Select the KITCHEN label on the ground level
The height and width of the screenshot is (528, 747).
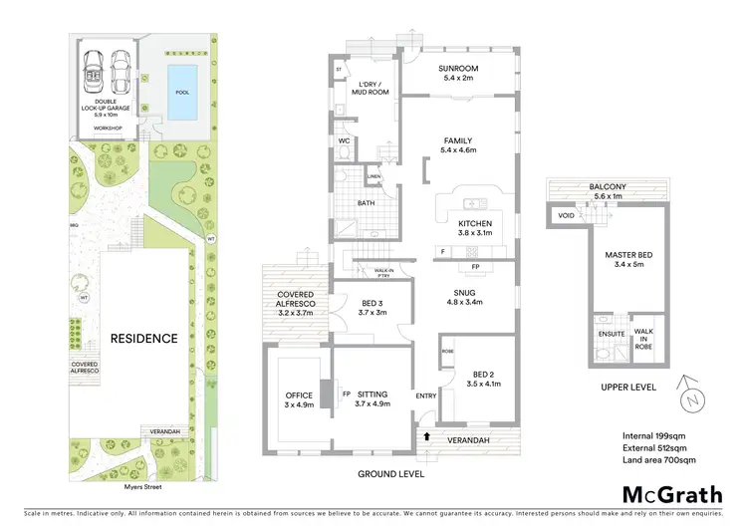(x=475, y=223)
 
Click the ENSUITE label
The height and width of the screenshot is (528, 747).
(x=608, y=332)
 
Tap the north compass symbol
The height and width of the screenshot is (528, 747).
(x=688, y=395)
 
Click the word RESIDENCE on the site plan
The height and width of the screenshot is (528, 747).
(x=143, y=339)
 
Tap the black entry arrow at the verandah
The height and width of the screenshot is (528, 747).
(x=426, y=434)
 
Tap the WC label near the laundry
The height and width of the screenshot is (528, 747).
(x=343, y=140)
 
